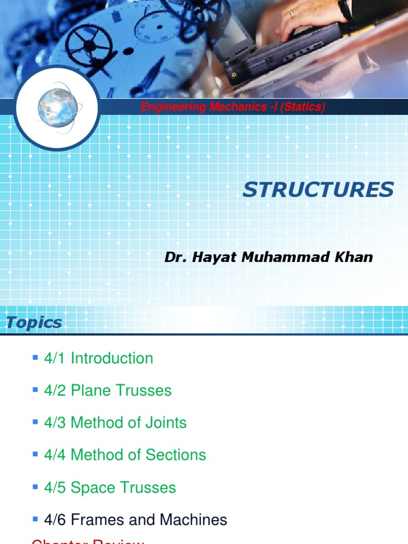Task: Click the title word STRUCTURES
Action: tap(318, 190)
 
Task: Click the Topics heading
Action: tap(34, 322)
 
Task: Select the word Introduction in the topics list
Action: tap(112, 358)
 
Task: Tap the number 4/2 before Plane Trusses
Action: tap(56, 390)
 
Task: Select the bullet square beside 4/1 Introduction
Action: tap(35, 358)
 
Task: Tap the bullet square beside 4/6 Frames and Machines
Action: tap(35, 519)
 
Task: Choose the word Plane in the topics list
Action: tap(89, 390)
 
